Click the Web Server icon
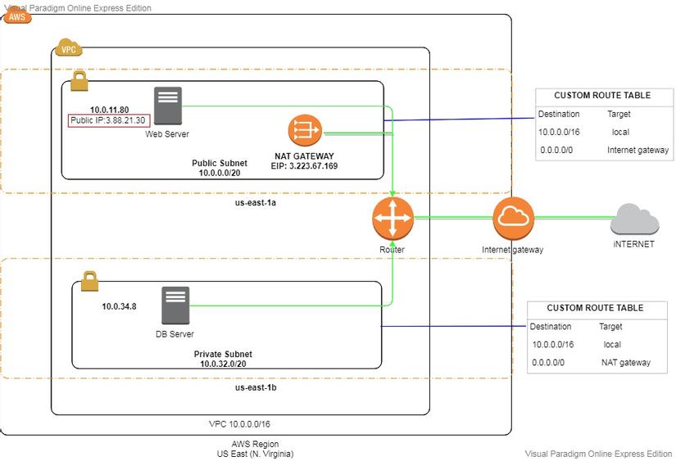167,107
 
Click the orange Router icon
392,218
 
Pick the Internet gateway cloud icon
513,218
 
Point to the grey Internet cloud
635,219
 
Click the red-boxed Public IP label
107,121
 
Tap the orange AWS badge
17,16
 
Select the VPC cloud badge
68,48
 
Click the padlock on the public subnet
79,81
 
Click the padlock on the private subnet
89,282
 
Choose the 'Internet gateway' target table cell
637,150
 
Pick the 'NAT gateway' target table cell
625,362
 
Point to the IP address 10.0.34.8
119,307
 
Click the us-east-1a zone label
256,202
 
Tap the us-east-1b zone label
256,387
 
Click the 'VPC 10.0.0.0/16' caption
239,424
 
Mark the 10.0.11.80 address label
109,109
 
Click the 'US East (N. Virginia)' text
255,454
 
